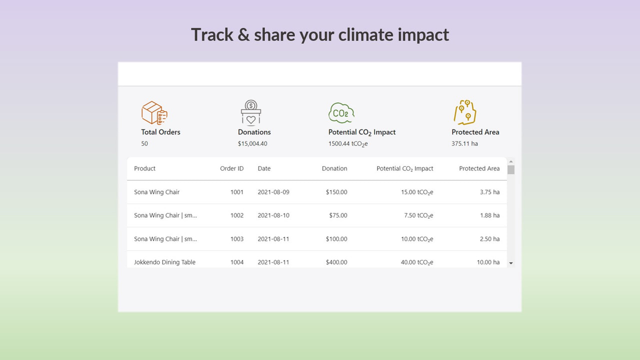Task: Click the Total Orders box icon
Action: tap(154, 113)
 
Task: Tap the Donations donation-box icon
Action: tap(251, 112)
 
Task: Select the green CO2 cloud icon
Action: tap(341, 113)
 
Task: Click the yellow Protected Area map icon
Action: tap(465, 112)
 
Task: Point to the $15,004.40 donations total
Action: tap(252, 143)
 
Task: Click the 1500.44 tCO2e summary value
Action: tap(348, 143)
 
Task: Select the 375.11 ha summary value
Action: tap(464, 143)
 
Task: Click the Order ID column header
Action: tap(231, 168)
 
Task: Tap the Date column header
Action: tap(264, 168)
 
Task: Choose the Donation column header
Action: tap(334, 168)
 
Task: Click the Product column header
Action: tap(144, 168)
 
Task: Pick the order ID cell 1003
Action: tap(237, 239)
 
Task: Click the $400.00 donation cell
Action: tap(336, 262)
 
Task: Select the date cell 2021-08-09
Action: tap(273, 192)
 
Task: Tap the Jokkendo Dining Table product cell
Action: tap(164, 262)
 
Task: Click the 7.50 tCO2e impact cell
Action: tap(418, 215)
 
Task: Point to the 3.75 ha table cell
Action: tap(489, 192)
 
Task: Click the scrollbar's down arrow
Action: tap(510, 263)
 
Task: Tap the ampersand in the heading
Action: tap(243, 35)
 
